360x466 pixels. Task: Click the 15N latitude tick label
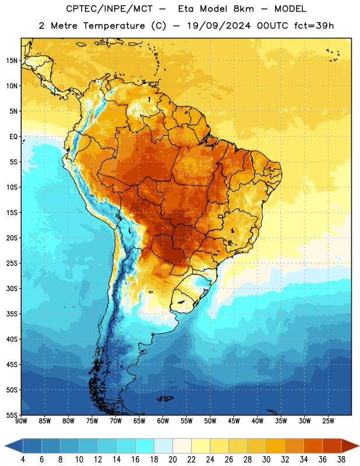point(12,61)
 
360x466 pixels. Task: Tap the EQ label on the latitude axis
point(13,137)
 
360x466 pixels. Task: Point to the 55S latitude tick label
point(12,415)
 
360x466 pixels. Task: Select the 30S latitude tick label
point(12,288)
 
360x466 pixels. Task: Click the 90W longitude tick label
point(21,421)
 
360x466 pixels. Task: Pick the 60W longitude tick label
point(163,421)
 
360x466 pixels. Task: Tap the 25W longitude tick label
point(328,421)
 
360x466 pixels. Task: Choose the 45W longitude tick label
point(234,421)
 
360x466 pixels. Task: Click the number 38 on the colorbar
point(341,460)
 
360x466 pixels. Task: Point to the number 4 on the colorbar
point(23,460)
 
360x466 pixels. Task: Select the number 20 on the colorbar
point(172,460)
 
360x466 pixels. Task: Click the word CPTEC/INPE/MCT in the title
point(110,9)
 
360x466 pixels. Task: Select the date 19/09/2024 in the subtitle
point(219,26)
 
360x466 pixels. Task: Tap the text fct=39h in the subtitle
point(314,26)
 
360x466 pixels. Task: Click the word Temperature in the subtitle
point(114,26)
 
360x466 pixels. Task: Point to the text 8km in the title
point(243,9)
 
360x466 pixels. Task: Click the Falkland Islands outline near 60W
point(165,398)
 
